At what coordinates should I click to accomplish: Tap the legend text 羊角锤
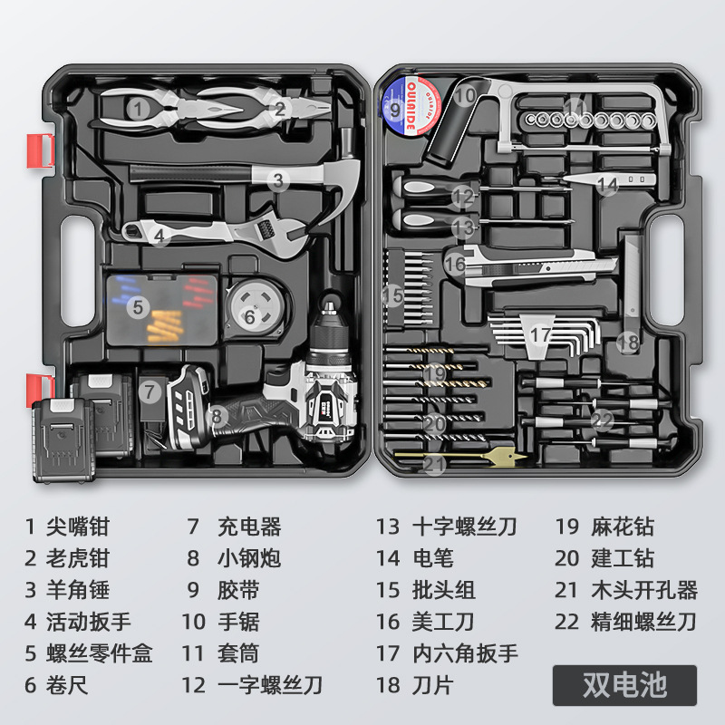[x=78, y=590]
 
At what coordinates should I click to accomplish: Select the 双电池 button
[x=624, y=684]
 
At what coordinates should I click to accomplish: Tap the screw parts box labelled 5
[x=162, y=309]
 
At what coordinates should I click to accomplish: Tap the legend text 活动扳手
[x=89, y=622]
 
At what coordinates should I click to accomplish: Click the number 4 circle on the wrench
[x=159, y=236]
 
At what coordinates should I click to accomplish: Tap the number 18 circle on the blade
[x=627, y=343]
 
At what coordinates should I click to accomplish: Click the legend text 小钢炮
[x=248, y=558]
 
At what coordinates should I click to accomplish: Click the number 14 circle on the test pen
[x=607, y=184]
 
